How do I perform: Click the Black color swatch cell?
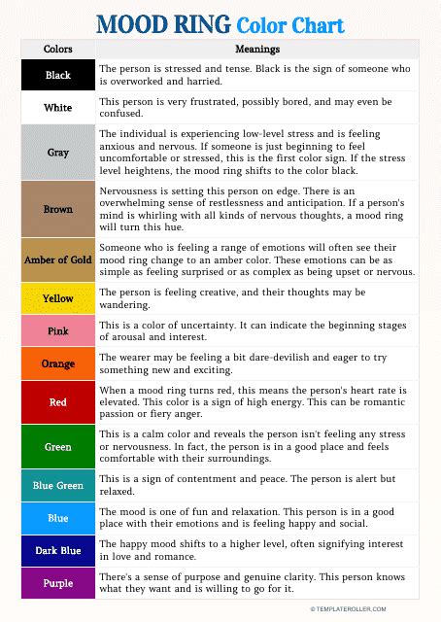pos(58,75)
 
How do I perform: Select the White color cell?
pos(58,107)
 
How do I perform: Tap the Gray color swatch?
pos(58,153)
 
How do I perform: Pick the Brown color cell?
pos(58,209)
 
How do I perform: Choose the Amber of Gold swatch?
pos(58,259)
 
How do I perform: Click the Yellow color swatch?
pos(58,298)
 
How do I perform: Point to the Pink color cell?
pos(58,331)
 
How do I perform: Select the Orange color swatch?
pos(58,363)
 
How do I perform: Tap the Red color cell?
pos(58,401)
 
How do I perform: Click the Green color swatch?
pos(58,447)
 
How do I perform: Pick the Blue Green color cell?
pos(58,485)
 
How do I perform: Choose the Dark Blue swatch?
pos(58,550)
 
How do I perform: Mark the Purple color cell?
pos(58,582)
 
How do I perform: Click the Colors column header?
pos(58,49)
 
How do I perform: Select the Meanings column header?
pos(257,49)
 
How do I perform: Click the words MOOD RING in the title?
pos(164,23)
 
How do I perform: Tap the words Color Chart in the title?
pos(290,23)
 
